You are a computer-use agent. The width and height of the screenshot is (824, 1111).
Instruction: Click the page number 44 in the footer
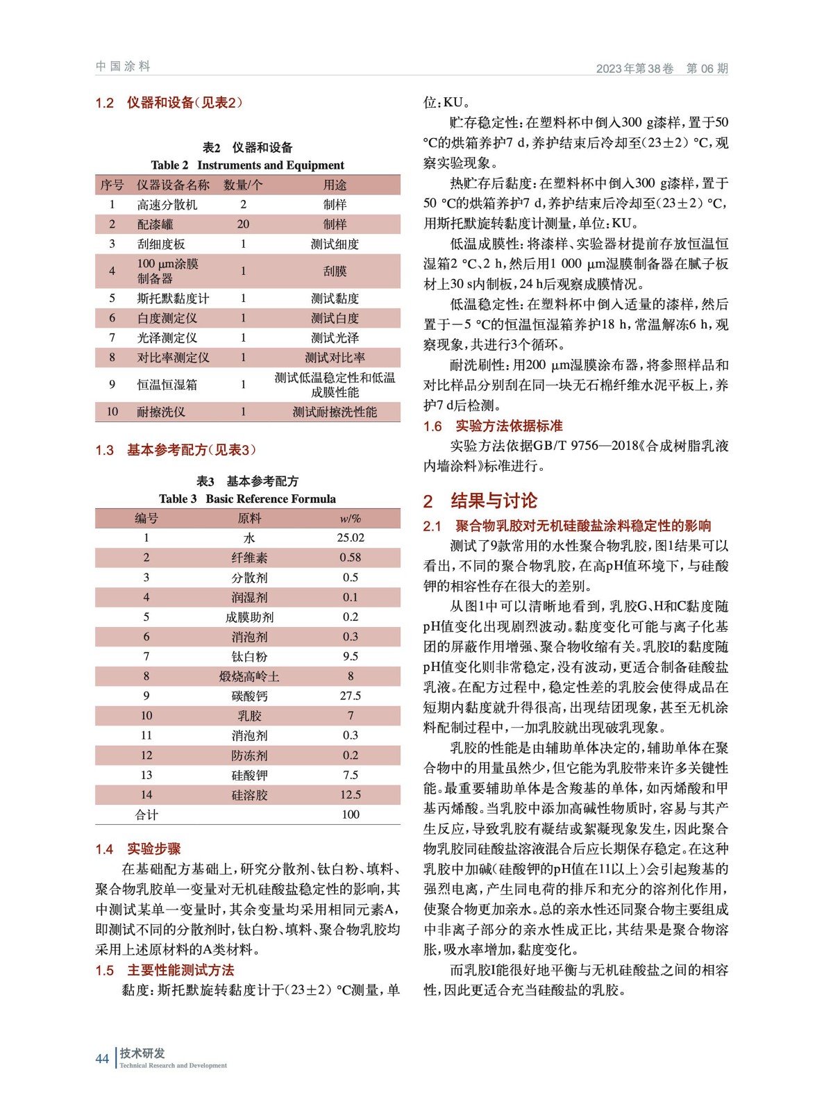click(102, 1058)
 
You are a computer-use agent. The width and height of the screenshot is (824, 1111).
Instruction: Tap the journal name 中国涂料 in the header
click(123, 67)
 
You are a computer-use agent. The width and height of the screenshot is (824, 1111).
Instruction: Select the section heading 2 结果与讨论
click(480, 501)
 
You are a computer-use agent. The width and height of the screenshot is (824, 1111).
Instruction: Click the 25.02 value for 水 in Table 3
click(351, 537)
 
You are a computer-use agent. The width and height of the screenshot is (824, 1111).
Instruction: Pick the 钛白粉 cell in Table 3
click(249, 656)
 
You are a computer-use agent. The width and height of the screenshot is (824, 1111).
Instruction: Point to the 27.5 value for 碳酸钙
click(351, 696)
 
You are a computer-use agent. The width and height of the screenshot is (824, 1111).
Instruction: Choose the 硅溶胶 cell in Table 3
click(249, 794)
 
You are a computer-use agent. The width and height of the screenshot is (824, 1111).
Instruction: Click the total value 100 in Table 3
click(351, 815)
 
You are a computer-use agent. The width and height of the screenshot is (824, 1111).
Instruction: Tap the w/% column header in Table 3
click(351, 519)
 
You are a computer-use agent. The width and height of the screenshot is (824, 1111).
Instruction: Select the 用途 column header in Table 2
click(335, 185)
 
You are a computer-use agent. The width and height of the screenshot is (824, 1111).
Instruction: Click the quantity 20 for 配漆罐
click(243, 224)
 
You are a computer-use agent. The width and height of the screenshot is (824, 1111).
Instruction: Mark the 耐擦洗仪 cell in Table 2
click(161, 412)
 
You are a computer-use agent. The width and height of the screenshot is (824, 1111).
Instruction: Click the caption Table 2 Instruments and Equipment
click(248, 165)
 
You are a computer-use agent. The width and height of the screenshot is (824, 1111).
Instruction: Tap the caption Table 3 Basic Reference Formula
click(248, 499)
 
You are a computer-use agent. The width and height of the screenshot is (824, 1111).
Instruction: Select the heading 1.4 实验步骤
click(138, 849)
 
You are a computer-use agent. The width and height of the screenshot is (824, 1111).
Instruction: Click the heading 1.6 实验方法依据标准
click(493, 426)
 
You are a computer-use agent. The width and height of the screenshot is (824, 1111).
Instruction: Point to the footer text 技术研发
click(142, 1053)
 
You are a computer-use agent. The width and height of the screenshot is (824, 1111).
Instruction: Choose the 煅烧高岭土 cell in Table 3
click(249, 676)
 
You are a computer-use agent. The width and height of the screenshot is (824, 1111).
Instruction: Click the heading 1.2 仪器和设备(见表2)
click(169, 103)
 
